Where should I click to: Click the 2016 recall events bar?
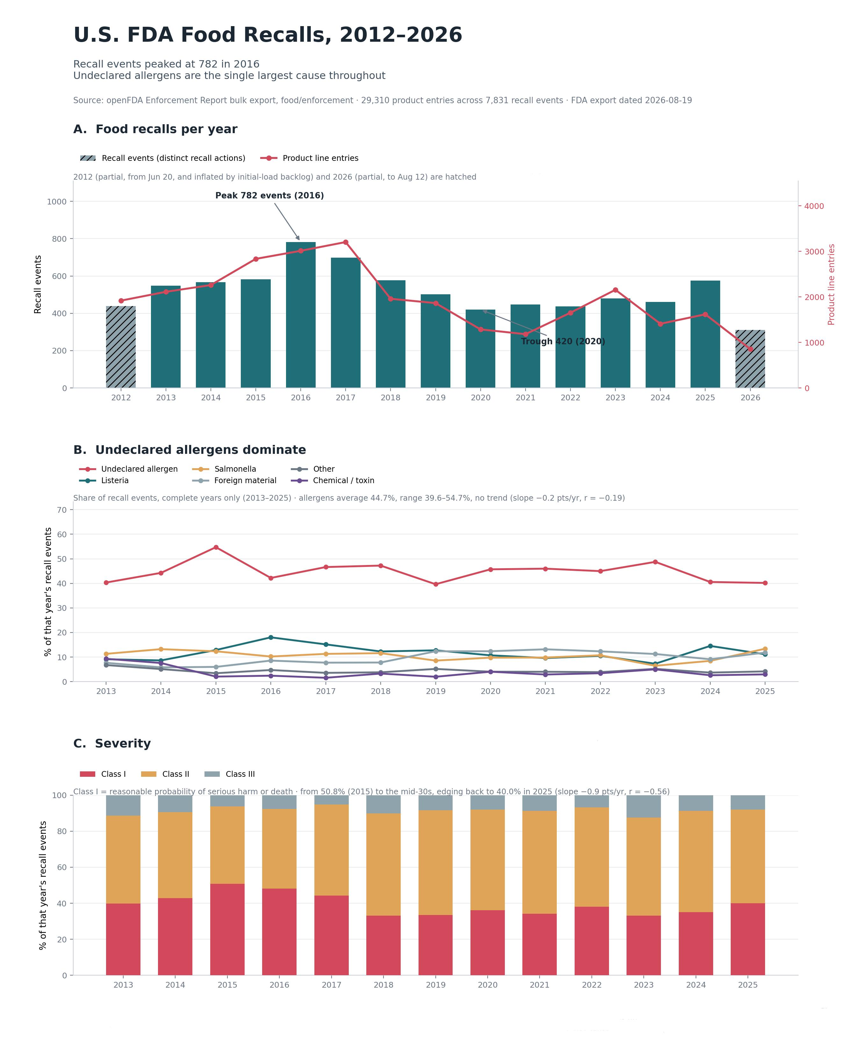(x=301, y=315)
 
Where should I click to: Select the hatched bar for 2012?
(x=121, y=347)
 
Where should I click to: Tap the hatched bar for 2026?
(x=750, y=359)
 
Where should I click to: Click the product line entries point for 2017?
(x=345, y=242)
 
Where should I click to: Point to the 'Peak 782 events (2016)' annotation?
(x=269, y=196)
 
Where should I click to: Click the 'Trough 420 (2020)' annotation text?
(x=563, y=341)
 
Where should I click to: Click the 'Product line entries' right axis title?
(x=831, y=284)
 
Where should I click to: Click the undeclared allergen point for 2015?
(x=216, y=547)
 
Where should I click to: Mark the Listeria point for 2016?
(x=270, y=637)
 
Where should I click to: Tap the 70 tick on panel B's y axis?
(x=62, y=510)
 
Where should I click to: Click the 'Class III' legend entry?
(x=230, y=774)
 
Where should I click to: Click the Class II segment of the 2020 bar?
(x=487, y=860)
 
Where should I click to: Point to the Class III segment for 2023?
(x=643, y=806)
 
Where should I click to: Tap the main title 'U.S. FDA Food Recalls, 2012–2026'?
(x=268, y=35)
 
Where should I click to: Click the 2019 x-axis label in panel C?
(x=435, y=985)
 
